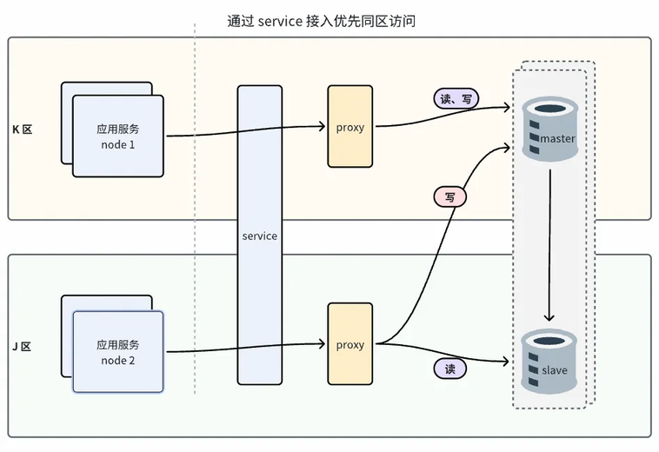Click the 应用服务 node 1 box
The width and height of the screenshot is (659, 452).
click(x=117, y=136)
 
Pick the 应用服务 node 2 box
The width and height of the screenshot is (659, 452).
click(x=117, y=352)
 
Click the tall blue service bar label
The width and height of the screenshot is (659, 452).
click(x=259, y=236)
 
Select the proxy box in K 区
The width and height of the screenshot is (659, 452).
click(x=349, y=127)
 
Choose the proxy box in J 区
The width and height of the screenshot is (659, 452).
click(x=349, y=344)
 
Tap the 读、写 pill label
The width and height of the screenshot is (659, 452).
click(x=456, y=99)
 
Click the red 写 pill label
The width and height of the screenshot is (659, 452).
click(x=450, y=197)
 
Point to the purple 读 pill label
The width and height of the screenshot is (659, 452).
click(x=450, y=369)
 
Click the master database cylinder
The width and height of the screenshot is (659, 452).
click(x=549, y=129)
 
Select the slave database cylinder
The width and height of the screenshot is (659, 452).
click(x=549, y=360)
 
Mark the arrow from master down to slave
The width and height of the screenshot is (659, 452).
click(x=549, y=243)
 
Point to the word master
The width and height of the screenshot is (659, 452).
click(x=557, y=139)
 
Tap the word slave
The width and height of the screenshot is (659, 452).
click(x=554, y=370)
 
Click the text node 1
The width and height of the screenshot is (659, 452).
click(x=117, y=144)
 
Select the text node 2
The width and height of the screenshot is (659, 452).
click(x=117, y=361)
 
